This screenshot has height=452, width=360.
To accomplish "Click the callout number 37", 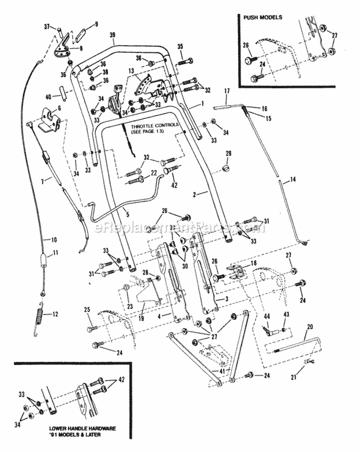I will pos(60,26).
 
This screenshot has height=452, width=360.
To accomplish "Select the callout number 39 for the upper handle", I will pos(112,36).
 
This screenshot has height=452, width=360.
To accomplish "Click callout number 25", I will pos(87,310).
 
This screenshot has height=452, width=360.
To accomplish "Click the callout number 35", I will pos(180,47).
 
